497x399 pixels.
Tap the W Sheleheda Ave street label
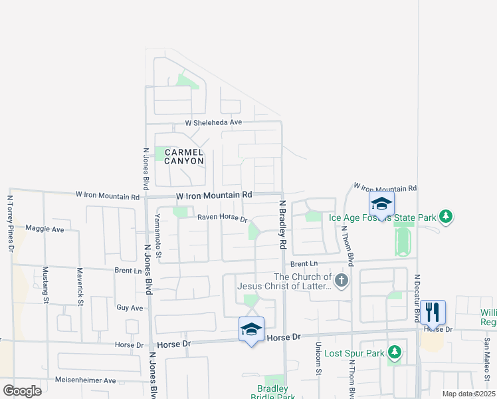[213, 123]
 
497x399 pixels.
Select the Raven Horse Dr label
[222, 218]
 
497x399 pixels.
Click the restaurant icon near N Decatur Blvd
[433, 311]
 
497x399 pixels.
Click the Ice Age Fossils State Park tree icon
[447, 216]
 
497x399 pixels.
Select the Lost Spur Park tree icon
[395, 351]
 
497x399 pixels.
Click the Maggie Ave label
[45, 229]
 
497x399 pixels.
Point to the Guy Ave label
[130, 308]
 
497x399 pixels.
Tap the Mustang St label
[46, 285]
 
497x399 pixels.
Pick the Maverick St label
[80, 287]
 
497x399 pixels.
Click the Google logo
[22, 391]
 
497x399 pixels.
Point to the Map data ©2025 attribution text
[468, 394]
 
